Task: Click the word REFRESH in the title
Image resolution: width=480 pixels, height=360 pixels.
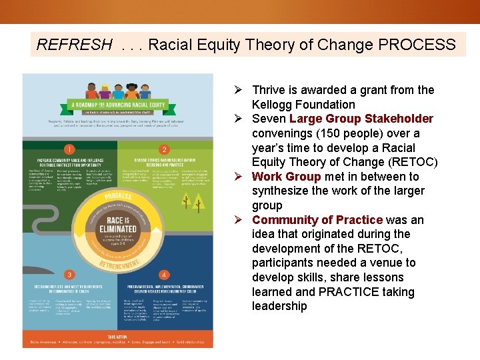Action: [x=75, y=45]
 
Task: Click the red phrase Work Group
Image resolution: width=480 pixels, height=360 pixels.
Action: [x=286, y=177]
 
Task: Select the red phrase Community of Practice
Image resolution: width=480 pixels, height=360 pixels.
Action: [x=317, y=220]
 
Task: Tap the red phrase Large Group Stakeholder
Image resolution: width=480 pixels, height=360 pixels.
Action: [x=361, y=119]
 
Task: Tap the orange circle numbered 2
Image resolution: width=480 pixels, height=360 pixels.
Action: [x=163, y=149]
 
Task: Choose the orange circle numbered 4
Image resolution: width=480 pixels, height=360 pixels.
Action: [x=163, y=274]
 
